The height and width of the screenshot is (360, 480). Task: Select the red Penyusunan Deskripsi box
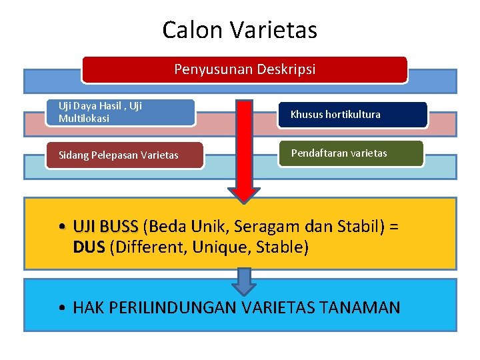coord(245,69)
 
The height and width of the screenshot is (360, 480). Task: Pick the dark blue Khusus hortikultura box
coord(351,115)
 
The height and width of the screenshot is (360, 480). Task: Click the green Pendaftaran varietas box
coord(351,153)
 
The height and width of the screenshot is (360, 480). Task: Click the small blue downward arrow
coord(245,281)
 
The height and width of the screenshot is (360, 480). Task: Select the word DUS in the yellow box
coord(89,247)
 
